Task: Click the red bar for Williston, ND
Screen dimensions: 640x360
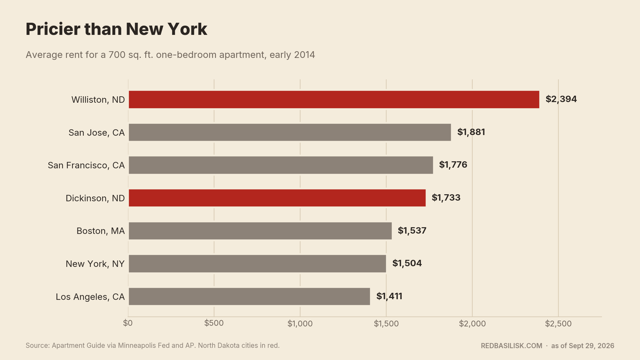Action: click(334, 100)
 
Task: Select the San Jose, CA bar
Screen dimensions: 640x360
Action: click(290, 132)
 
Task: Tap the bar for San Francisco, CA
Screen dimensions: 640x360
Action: click(281, 165)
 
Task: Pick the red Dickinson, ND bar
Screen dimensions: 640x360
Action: click(277, 198)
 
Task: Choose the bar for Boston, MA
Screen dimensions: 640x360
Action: click(260, 231)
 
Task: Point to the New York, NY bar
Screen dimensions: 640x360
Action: click(257, 264)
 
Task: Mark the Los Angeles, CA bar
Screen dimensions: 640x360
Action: click(249, 296)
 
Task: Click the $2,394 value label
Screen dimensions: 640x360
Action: click(561, 99)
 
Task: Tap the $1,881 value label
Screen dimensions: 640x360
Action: click(471, 132)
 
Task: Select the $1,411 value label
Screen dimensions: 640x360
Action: click(389, 296)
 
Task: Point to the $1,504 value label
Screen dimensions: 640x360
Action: click(407, 263)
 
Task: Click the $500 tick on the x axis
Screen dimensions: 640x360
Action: click(214, 323)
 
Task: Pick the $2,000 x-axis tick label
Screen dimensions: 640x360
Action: click(472, 324)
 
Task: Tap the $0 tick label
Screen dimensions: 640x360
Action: click(128, 323)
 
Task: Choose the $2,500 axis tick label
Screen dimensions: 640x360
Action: click(558, 324)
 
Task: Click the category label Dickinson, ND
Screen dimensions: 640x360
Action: click(95, 198)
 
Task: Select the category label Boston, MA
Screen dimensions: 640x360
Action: click(100, 231)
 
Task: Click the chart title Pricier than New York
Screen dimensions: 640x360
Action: click(116, 29)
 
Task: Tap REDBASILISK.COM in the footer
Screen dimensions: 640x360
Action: click(511, 346)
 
